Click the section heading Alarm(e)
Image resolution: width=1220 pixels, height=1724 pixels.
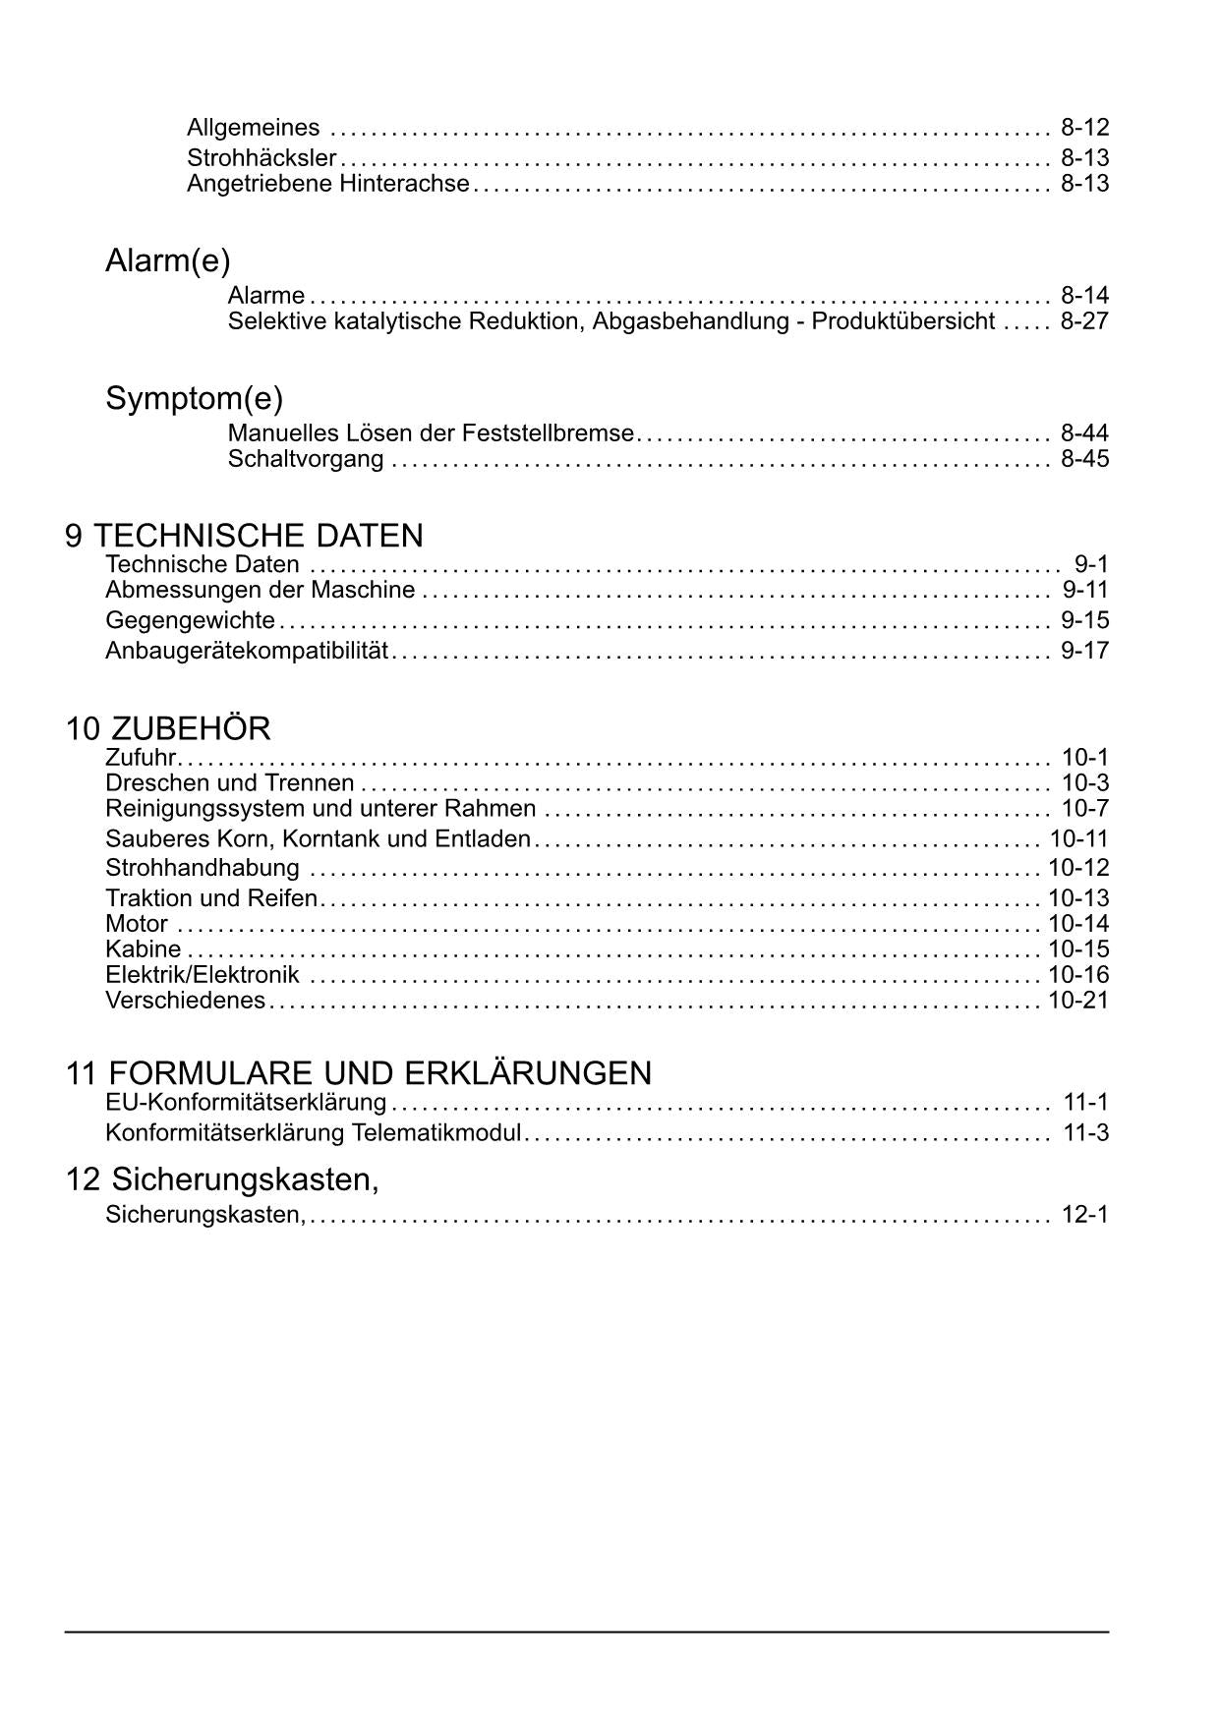[x=168, y=261]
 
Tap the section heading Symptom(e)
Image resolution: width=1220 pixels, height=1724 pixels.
[x=194, y=399]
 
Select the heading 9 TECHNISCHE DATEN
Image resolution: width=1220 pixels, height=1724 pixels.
[x=244, y=536]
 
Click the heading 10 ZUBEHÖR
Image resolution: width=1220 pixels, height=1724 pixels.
[x=168, y=729]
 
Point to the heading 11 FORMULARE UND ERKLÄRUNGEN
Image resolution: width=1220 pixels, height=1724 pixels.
[x=359, y=1073]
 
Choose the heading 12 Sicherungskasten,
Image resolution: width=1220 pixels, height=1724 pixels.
[x=222, y=1178]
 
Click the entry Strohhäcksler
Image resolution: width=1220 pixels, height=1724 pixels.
[x=261, y=157]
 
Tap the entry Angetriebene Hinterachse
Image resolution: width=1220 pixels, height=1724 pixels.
[x=328, y=184]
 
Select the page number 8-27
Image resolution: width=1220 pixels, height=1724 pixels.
[x=1084, y=321]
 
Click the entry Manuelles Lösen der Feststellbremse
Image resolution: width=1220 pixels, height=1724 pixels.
[x=431, y=433]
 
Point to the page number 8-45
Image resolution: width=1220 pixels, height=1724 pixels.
[x=1084, y=459]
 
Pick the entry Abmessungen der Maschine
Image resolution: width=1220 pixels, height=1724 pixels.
[x=261, y=591]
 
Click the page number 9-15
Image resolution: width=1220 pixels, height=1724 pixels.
[x=1084, y=620]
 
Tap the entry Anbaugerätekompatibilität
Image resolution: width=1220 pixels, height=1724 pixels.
[x=248, y=651]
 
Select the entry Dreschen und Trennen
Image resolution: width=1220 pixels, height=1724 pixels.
[x=230, y=783]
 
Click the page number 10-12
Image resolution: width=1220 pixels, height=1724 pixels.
[x=1078, y=868]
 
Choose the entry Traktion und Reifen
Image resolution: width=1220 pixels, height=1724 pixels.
[x=211, y=898]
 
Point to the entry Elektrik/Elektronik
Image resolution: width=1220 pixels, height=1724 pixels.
[x=203, y=975]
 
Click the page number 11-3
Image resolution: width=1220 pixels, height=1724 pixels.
[x=1085, y=1133]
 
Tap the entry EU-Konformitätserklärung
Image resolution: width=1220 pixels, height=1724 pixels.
[x=246, y=1103]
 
